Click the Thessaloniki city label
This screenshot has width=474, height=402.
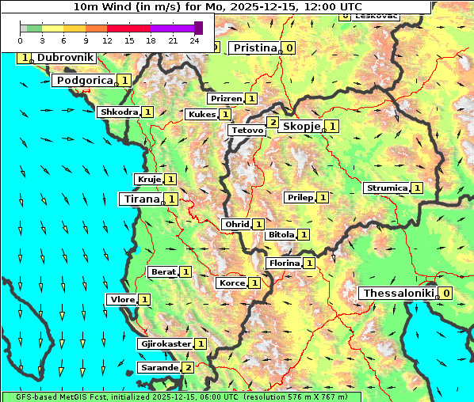(x=398, y=293)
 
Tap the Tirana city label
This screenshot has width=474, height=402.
(x=140, y=199)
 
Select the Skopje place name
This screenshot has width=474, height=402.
(x=301, y=126)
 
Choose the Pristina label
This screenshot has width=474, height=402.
(x=255, y=47)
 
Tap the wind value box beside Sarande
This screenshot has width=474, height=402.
(x=188, y=367)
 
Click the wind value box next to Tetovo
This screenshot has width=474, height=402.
(x=273, y=122)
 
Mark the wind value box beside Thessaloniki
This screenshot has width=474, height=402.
(x=446, y=293)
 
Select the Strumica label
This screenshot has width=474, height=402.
(x=386, y=188)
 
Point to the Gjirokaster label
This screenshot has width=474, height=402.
(x=165, y=343)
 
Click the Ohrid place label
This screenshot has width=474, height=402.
(x=236, y=224)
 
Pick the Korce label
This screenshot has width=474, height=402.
(x=231, y=283)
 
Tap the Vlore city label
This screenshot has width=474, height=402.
(x=122, y=299)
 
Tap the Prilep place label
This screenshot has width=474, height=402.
(x=300, y=196)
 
